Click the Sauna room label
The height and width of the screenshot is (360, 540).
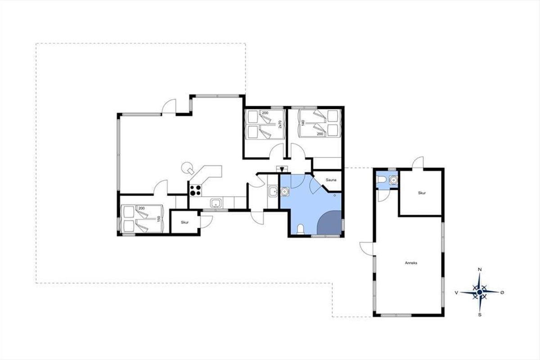tap(331, 180)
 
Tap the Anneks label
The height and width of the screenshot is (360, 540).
tap(411, 263)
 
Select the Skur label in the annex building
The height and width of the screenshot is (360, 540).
tap(422, 193)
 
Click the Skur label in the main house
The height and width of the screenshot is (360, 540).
tap(184, 222)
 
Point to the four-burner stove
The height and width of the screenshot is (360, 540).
tap(195, 190)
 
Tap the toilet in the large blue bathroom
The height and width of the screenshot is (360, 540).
tap(301, 229)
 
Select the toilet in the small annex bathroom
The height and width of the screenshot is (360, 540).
tap(382, 180)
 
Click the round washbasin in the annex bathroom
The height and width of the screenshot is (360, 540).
tap(393, 180)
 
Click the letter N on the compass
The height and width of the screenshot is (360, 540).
tap(480, 270)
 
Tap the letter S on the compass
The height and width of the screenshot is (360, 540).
tap(480, 315)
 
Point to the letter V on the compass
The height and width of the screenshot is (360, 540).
tap(456, 292)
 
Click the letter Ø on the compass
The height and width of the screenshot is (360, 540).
tap(502, 292)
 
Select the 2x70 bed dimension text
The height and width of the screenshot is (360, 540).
tap(280, 124)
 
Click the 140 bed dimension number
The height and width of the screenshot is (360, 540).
tap(303, 123)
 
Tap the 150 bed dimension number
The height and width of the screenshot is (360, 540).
tap(158, 219)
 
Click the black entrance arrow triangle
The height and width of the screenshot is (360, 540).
tap(282, 170)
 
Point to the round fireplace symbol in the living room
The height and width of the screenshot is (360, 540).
tap(187, 167)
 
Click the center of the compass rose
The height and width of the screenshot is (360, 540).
tap(480, 292)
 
